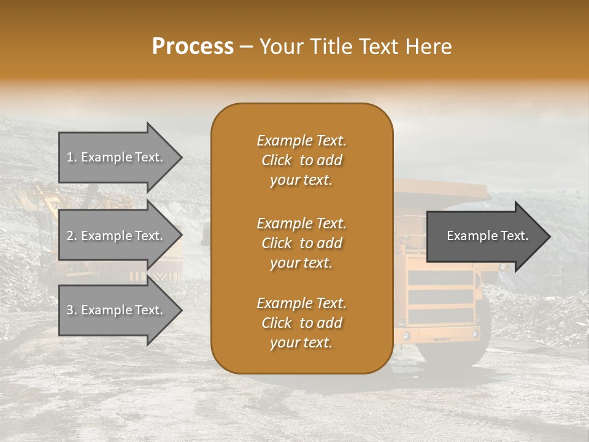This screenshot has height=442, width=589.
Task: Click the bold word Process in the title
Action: pyautogui.click(x=193, y=47)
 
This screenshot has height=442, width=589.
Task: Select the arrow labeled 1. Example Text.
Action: pyautogui.click(x=117, y=157)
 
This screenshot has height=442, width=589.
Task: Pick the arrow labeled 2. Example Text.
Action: pyautogui.click(x=117, y=236)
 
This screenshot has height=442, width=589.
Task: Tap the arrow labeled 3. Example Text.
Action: pyautogui.click(x=117, y=310)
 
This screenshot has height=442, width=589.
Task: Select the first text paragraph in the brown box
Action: pyautogui.click(x=301, y=160)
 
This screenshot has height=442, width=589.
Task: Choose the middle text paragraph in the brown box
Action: pyautogui.click(x=301, y=243)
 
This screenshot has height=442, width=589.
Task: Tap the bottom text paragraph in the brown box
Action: pyautogui.click(x=301, y=323)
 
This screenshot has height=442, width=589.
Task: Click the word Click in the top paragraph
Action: pyautogui.click(x=277, y=160)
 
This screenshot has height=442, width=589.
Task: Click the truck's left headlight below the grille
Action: pyautogui.click(x=406, y=335)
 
